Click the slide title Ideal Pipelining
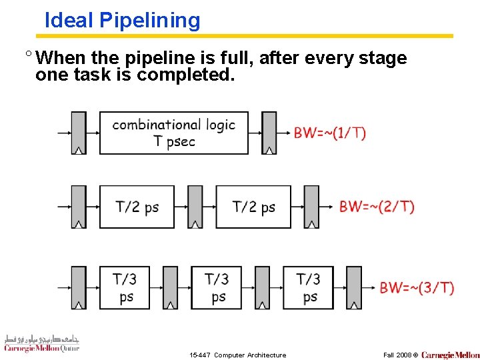122,21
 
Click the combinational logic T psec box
174,133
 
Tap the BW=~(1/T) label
330,133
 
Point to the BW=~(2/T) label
377,207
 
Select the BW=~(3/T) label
417,288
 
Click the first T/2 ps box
137,207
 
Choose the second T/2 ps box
253,207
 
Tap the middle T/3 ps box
217,288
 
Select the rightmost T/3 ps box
309,288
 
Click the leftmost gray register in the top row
79,133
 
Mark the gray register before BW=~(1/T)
269,133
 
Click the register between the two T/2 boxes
195,207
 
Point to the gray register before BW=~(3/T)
354,288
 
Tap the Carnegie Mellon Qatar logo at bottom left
41,343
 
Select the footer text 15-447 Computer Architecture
237,355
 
